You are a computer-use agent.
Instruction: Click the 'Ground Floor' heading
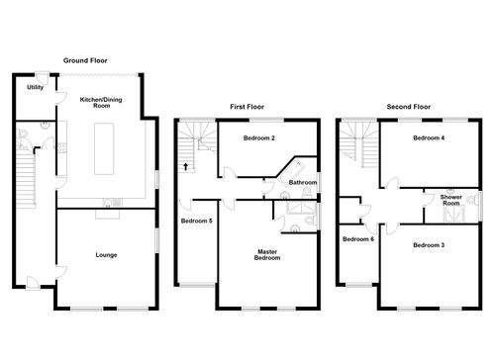[x=84, y=60]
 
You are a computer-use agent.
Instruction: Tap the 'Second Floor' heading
[x=409, y=106]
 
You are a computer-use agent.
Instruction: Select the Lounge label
[x=106, y=255]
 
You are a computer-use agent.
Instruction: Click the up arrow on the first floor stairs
[x=186, y=167]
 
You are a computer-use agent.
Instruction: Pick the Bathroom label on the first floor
[x=303, y=182]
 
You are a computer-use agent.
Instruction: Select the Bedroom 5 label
[x=195, y=222]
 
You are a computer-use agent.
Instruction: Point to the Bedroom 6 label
[x=356, y=239]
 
